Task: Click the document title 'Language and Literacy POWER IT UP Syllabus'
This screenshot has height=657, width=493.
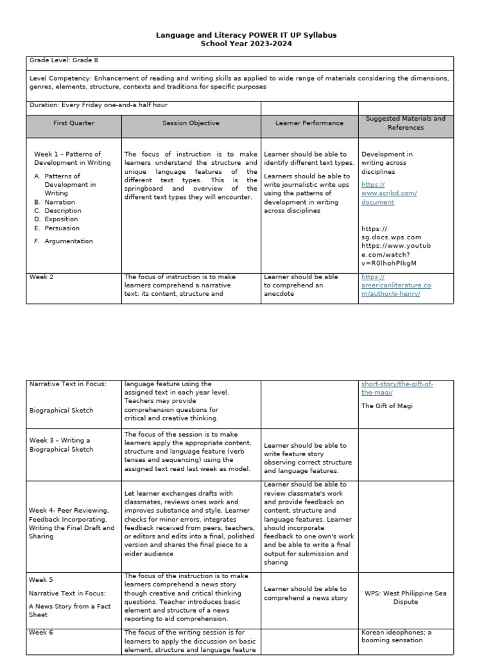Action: [246, 35]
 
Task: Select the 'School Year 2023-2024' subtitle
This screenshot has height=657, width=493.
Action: [246, 44]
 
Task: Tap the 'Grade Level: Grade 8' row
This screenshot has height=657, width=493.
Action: [63, 60]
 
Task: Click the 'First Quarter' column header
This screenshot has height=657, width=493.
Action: [74, 123]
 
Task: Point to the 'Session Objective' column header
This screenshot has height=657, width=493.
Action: [191, 123]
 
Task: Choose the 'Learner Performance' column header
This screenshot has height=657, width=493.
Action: [309, 123]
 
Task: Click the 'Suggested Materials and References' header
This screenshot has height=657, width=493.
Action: [405, 123]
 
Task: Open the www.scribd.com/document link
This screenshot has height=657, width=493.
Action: [389, 193]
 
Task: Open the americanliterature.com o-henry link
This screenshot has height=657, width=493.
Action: [395, 285]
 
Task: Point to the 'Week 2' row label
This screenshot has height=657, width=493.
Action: [40, 277]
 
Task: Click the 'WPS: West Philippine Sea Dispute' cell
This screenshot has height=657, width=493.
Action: [405, 597]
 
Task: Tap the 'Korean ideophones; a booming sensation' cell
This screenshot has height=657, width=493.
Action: [396, 636]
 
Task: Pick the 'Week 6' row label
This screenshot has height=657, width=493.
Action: [40, 632]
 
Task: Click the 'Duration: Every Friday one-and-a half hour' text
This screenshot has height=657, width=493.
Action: [98, 105]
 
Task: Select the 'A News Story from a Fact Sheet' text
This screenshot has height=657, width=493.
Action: [69, 610]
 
